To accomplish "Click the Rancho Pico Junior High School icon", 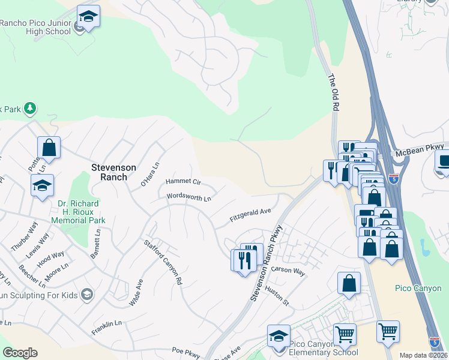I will click(88, 17).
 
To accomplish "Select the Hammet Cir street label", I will click(183, 181).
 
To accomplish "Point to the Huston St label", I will click(277, 295).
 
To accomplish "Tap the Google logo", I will click(20, 353).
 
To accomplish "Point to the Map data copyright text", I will click(423, 355).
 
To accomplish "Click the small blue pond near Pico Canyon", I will click(425, 247).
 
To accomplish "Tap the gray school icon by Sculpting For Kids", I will click(88, 294).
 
